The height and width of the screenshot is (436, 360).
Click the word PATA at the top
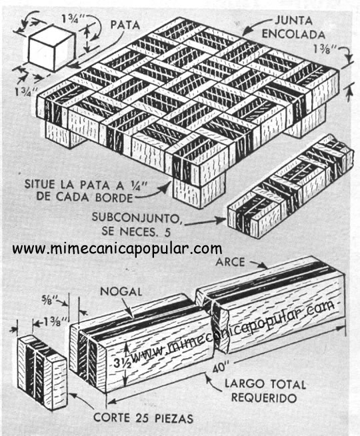(125, 25)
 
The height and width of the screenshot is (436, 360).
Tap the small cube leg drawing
(52, 48)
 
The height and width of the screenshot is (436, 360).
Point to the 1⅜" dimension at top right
(325, 49)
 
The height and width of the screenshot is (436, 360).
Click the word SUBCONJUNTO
(135, 218)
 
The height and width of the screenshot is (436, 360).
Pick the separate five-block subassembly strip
(291, 186)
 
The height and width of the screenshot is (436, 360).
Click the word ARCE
(231, 262)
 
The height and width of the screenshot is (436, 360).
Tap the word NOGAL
(121, 291)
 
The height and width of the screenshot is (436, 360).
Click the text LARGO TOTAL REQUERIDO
(265, 391)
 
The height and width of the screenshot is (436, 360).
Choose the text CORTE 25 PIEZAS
(143, 418)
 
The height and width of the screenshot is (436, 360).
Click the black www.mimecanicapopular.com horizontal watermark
(117, 248)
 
